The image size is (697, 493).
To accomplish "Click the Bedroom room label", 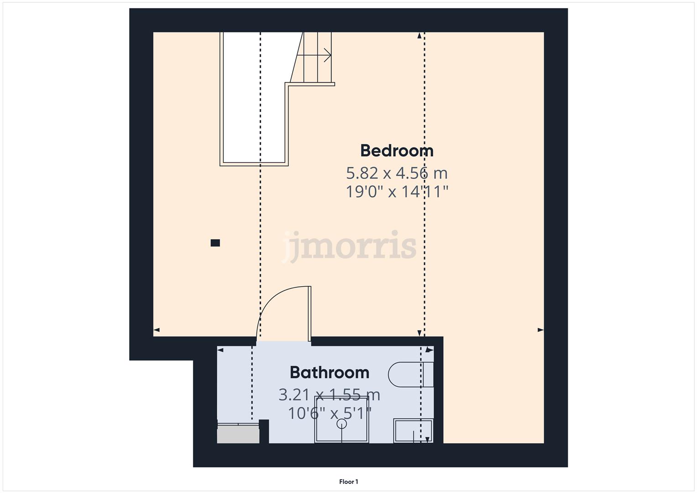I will pyautogui.click(x=397, y=151).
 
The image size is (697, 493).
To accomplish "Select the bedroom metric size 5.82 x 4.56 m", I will pyautogui.click(x=397, y=173).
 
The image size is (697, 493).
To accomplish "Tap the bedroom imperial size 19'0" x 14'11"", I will pyautogui.click(x=397, y=192).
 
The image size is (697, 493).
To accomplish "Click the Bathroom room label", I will pyautogui.click(x=330, y=372).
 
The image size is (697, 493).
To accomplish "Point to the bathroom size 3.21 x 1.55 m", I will pyautogui.click(x=330, y=394).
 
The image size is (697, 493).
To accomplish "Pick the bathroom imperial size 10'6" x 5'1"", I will pyautogui.click(x=330, y=414).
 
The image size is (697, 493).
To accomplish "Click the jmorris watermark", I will pyautogui.click(x=349, y=246).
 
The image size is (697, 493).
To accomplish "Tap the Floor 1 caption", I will pyautogui.click(x=349, y=482).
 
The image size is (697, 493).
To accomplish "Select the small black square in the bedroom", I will pyautogui.click(x=215, y=243).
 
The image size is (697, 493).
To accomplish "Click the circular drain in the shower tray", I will pyautogui.click(x=341, y=424).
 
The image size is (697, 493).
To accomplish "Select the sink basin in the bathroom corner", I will pyautogui.click(x=413, y=431).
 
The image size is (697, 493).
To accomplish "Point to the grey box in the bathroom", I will pyautogui.click(x=238, y=435).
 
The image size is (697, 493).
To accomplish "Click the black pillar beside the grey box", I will pyautogui.click(x=264, y=431).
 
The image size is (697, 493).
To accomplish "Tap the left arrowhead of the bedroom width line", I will pyautogui.click(x=157, y=330).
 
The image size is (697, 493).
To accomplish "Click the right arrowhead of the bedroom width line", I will pyautogui.click(x=540, y=330).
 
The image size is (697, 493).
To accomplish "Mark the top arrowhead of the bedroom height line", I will pyautogui.click(x=419, y=36).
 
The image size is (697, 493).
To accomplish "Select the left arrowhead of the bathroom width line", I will pyautogui.click(x=220, y=350).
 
